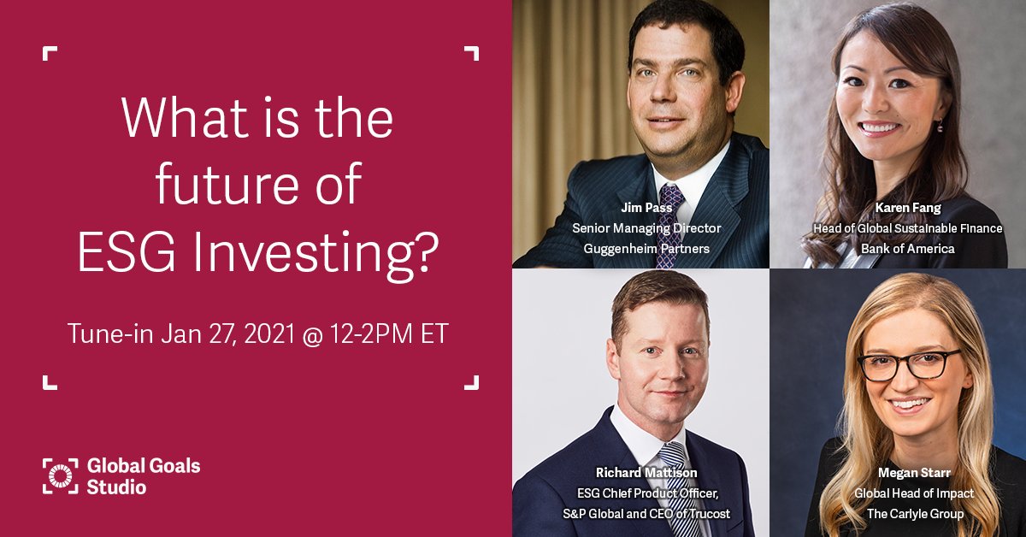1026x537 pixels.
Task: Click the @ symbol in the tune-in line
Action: tap(308, 333)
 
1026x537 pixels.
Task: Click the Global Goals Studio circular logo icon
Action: tap(61, 477)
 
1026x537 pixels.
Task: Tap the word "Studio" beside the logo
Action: tap(116, 487)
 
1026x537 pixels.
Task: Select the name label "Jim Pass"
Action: tap(646, 208)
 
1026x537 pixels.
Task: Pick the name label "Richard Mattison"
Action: tap(646, 472)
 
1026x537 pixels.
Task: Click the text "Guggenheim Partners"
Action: tap(646, 249)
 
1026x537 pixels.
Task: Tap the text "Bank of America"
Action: tap(908, 249)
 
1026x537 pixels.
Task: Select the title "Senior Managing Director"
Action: tap(646, 228)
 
